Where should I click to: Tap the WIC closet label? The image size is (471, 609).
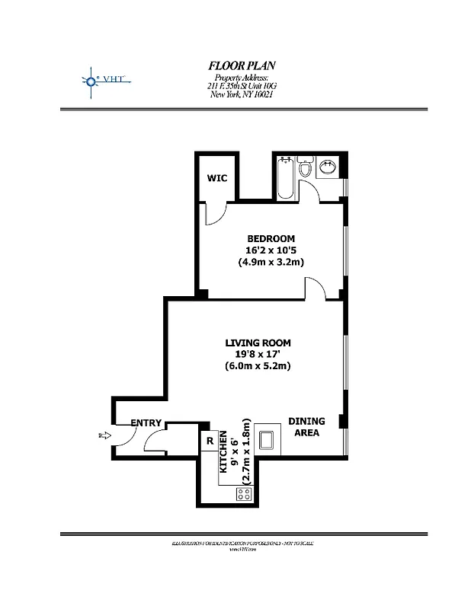pos(217,178)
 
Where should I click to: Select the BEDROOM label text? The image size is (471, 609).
pos(270,238)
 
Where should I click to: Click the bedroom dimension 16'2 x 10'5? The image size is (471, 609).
pos(271,250)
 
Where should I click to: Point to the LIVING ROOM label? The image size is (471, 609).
pos(258,342)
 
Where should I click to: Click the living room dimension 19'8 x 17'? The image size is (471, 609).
pos(258,354)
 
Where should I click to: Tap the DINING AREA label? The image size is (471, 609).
pos(306,427)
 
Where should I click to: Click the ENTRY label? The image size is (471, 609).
pos(146,422)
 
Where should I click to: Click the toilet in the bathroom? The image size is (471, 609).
pos(306,167)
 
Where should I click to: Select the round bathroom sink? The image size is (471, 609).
pos(328,167)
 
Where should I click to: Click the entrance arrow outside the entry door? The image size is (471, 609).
pos(104,435)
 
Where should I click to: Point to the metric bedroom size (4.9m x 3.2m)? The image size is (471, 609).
pos(271,263)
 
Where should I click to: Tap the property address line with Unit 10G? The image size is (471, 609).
pos(242,87)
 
